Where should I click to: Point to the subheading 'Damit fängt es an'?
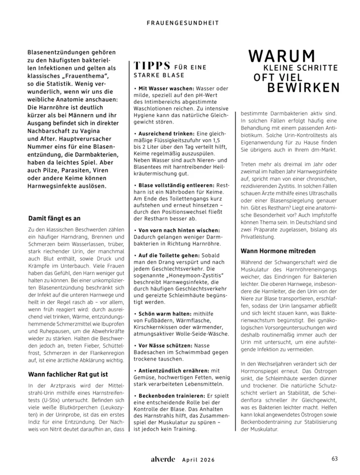coord(54,218)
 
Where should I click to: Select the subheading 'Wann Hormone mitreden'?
coord(278,251)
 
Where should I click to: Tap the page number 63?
coord(334,459)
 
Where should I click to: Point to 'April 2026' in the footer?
coord(198,460)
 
